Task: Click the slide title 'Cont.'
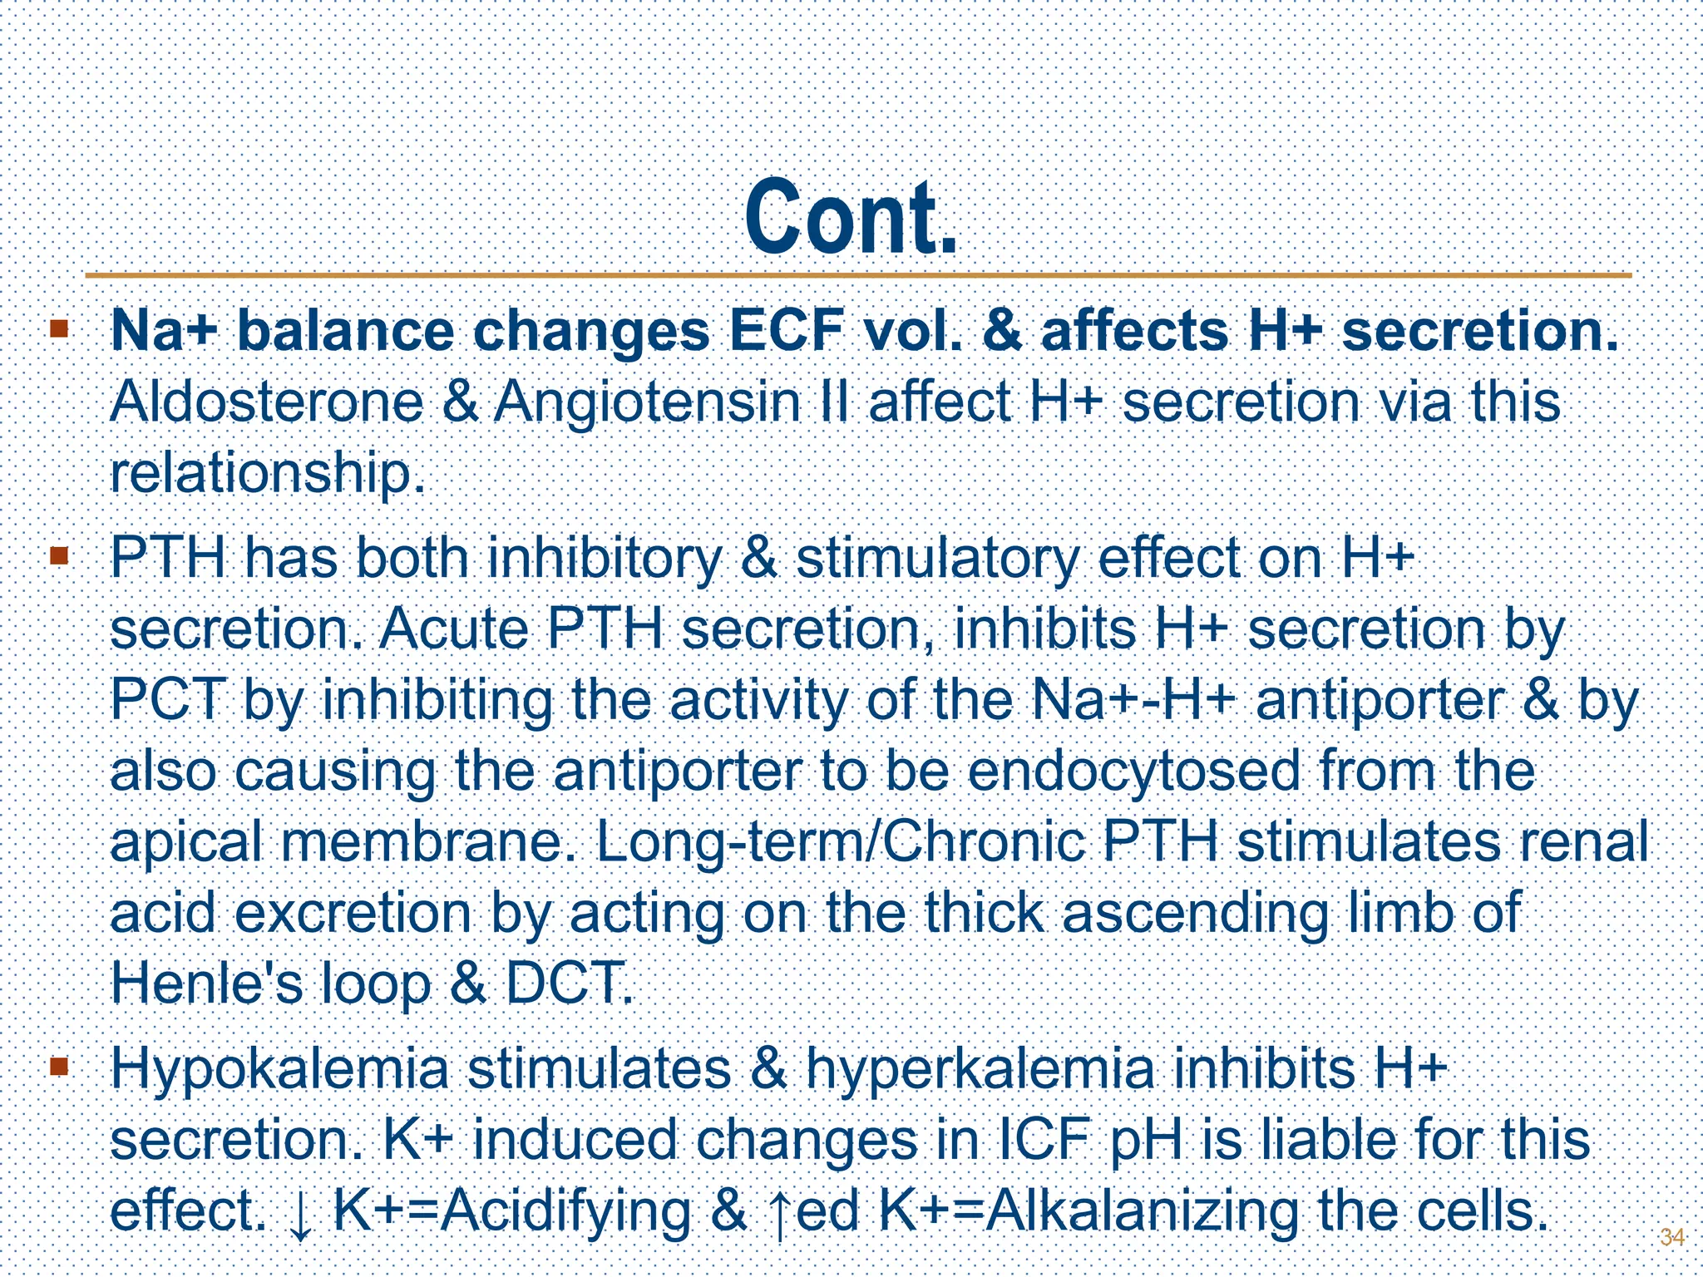pyautogui.click(x=851, y=218)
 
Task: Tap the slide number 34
pyautogui.click(x=1671, y=1236)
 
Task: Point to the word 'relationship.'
pyautogui.click(x=268, y=474)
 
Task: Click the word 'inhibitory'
pyautogui.click(x=604, y=558)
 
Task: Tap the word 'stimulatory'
pyautogui.click(x=938, y=558)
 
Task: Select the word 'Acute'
pyautogui.click(x=454, y=629)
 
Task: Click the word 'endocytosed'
pyautogui.click(x=1134, y=771)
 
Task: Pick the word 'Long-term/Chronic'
pyautogui.click(x=840, y=842)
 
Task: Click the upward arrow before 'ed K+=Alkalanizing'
pyautogui.click(x=779, y=1215)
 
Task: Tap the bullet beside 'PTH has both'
pyautogui.click(x=58, y=555)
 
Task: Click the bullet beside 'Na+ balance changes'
pyautogui.click(x=58, y=328)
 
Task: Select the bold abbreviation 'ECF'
pyautogui.click(x=788, y=331)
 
